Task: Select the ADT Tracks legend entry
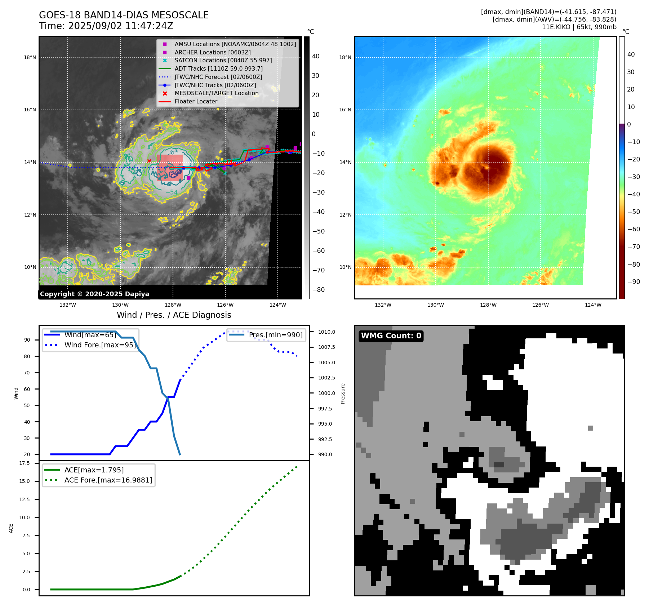218,68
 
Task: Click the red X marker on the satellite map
149,161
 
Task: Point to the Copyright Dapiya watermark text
94,294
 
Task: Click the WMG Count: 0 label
391,336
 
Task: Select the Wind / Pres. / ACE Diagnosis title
174,315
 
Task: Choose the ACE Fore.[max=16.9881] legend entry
108,480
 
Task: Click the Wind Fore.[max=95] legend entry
100,345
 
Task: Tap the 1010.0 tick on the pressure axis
326,332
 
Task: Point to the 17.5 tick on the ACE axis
25,463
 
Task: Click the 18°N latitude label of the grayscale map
30,57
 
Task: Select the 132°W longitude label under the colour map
383,305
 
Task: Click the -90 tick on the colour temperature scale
634,282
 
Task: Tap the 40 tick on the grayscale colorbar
316,56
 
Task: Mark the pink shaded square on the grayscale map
170,168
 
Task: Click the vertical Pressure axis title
343,394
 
